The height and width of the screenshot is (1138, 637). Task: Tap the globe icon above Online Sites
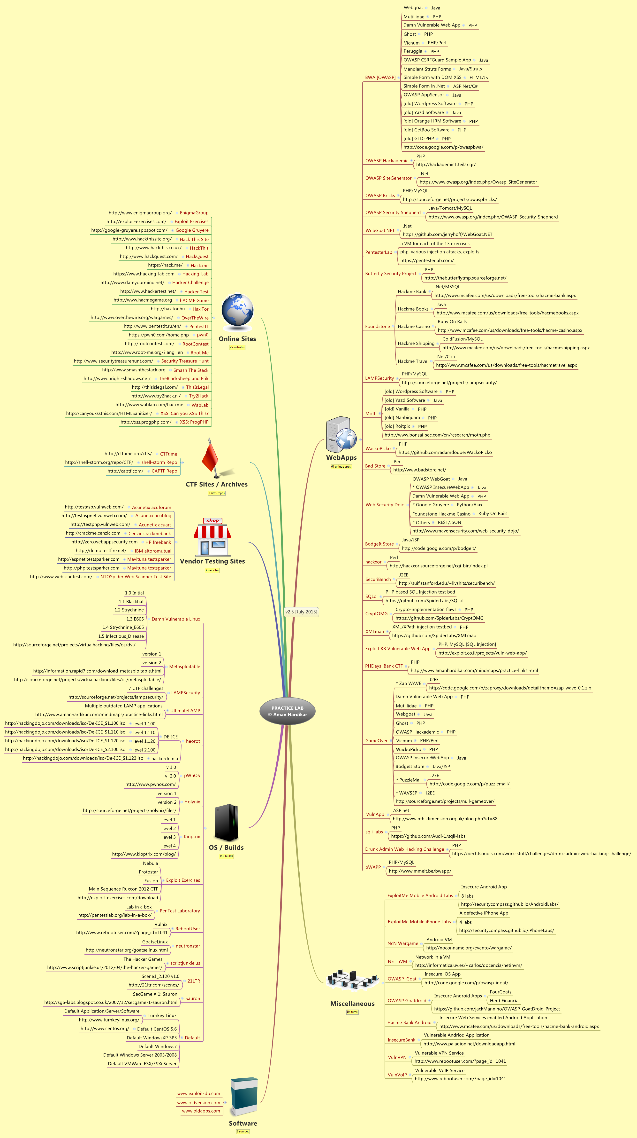pos(237,311)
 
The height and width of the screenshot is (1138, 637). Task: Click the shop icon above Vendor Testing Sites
pos(212,537)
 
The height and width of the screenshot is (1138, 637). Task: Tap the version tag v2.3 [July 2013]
pos(301,612)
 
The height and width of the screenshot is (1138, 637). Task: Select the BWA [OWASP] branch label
pos(380,77)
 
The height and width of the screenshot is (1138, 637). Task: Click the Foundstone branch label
pos(378,326)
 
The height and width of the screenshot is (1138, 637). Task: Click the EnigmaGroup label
pos(194,213)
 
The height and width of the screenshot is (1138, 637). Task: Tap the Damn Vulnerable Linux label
pos(176,619)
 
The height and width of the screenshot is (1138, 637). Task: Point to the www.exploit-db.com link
pos(199,1093)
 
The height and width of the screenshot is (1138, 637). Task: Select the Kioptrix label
pos(192,837)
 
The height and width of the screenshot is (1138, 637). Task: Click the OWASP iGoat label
pos(402,979)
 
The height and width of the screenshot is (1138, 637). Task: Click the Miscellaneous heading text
pos(352,1004)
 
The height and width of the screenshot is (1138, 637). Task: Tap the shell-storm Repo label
pos(159,463)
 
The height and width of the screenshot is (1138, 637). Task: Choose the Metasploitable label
pos(184,667)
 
